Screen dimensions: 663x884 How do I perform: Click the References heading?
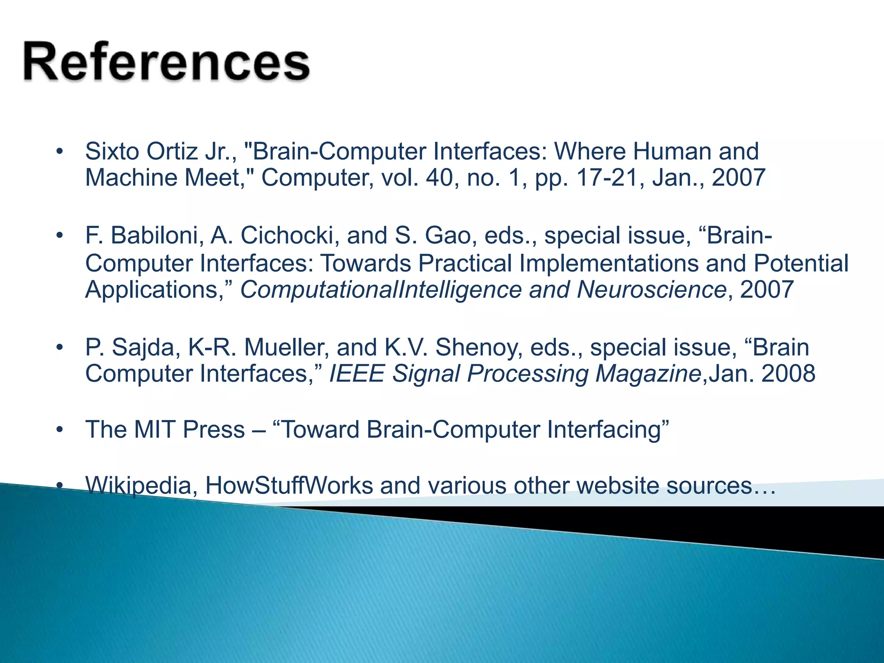166,62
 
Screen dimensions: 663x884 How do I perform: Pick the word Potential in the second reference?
801,263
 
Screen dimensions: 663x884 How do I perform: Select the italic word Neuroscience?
652,289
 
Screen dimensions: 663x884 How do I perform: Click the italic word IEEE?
357,373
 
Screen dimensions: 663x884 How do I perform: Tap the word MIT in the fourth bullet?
155,429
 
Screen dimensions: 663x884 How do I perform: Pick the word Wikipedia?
138,486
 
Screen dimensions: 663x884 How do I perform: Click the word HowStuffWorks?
289,486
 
